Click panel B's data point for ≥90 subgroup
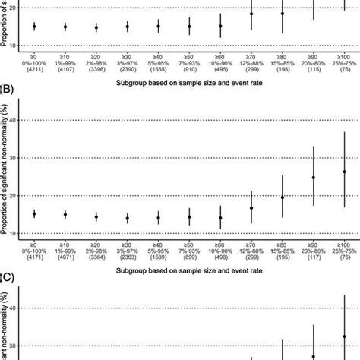tap(314, 178)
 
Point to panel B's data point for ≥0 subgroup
tap(34, 214)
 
